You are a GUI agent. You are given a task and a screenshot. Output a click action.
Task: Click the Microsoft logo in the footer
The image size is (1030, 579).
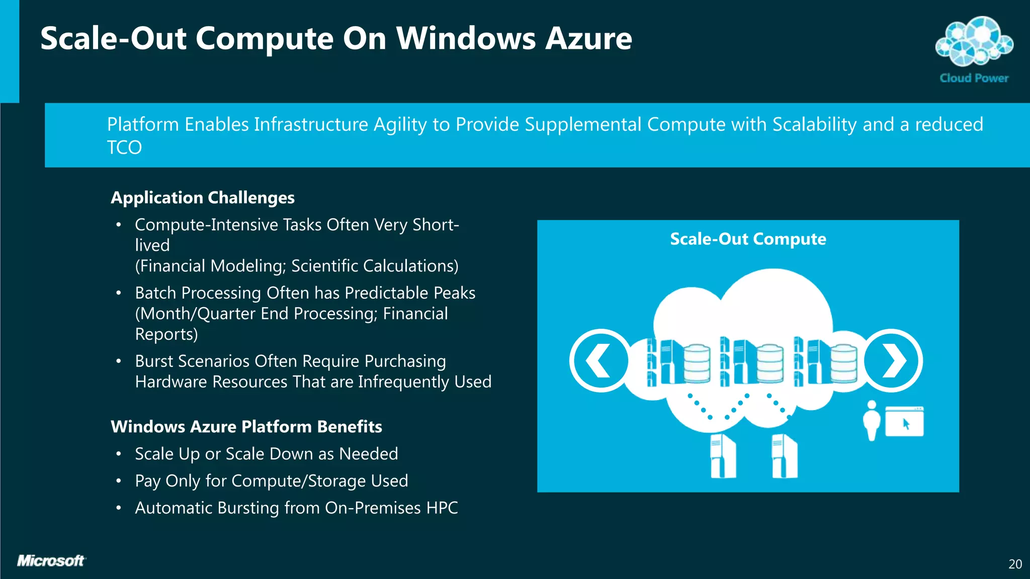pos(51,561)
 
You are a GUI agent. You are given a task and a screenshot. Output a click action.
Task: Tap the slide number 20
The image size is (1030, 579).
pos(1015,564)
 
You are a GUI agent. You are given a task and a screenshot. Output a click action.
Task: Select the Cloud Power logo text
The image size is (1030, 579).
pos(974,78)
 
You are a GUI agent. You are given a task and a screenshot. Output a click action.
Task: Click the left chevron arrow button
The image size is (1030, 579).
pos(599,360)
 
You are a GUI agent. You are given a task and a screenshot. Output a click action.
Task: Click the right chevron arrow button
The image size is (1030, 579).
pos(892,360)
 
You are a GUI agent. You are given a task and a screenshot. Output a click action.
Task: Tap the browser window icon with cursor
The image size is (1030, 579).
pos(904,422)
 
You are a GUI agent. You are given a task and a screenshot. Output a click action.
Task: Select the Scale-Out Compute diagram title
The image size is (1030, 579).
pos(748,239)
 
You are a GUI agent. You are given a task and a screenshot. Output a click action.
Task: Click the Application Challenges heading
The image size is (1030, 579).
pos(203,198)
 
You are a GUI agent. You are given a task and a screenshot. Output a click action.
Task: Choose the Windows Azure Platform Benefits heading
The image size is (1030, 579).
pos(246,427)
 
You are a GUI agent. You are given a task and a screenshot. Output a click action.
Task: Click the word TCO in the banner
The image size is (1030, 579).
pos(124,148)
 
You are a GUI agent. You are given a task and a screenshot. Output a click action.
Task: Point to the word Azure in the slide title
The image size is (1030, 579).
pos(589,39)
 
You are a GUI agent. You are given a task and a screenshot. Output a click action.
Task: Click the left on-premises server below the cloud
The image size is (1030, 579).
pos(723,456)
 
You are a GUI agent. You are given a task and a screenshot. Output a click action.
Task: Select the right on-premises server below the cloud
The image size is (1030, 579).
pos(785,456)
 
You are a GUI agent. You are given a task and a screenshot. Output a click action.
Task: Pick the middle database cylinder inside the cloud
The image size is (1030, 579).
pos(770,363)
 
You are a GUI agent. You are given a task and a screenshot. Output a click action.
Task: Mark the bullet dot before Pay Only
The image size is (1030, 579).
pos(119,481)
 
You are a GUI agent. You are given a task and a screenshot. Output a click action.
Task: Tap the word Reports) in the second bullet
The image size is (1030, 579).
pos(166,335)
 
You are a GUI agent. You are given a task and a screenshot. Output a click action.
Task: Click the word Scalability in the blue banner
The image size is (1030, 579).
pos(814,125)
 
